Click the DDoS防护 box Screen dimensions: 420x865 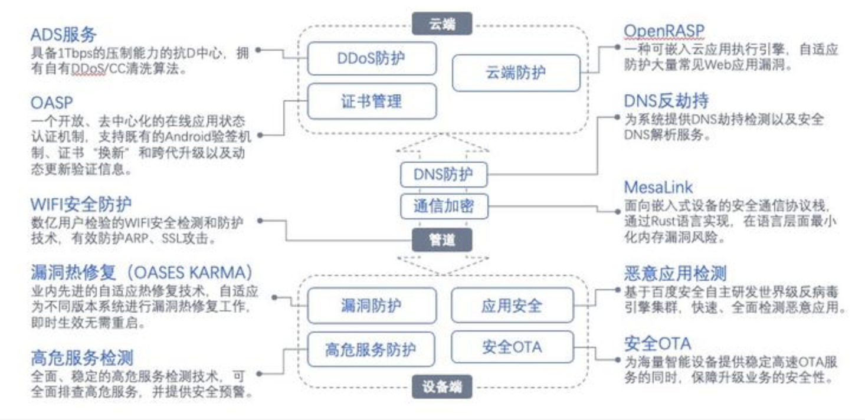click(x=371, y=58)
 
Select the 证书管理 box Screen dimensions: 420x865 click(x=371, y=101)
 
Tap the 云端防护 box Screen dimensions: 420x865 click(x=516, y=73)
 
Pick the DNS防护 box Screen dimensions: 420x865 click(x=444, y=175)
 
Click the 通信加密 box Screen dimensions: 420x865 click(x=444, y=206)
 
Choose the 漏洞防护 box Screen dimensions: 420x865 click(x=371, y=306)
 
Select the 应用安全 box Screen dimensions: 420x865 click(x=512, y=306)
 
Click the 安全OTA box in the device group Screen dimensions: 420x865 click(x=512, y=347)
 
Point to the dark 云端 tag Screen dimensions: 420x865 click(x=442, y=25)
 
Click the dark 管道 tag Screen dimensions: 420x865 click(x=442, y=239)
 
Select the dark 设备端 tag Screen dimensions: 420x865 click(x=442, y=388)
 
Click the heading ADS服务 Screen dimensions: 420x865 click(x=63, y=34)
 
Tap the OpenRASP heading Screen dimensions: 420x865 click(x=664, y=31)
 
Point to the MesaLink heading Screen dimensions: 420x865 click(x=658, y=188)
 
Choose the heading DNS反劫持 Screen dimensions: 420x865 click(x=666, y=101)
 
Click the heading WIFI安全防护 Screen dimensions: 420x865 click(x=81, y=204)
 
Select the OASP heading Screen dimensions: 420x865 click(x=52, y=103)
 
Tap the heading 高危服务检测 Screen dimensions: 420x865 click(x=82, y=357)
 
